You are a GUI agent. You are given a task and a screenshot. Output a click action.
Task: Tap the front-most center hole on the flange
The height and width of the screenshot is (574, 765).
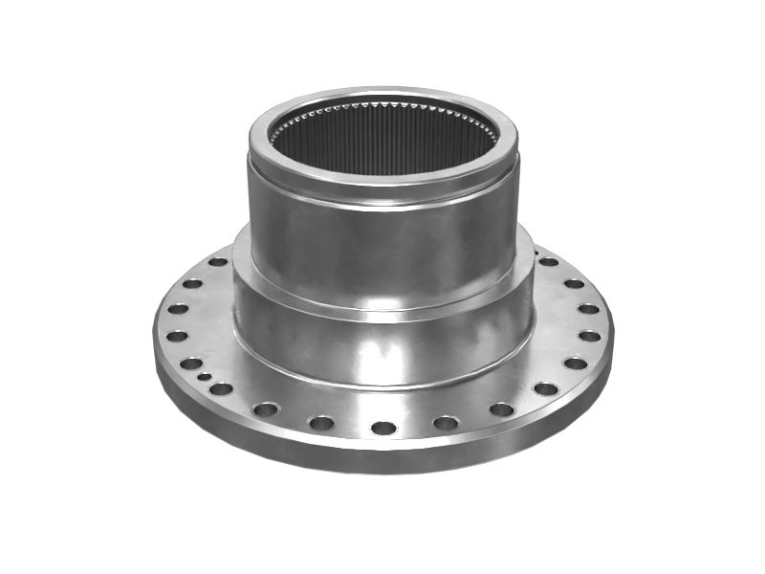tap(383, 428)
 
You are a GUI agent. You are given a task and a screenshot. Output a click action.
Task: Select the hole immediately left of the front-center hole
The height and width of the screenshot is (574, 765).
tap(321, 422)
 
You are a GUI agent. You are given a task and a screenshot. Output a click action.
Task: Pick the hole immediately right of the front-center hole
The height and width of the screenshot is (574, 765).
tap(446, 422)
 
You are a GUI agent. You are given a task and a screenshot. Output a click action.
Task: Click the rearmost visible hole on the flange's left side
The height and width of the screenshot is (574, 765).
tap(218, 261)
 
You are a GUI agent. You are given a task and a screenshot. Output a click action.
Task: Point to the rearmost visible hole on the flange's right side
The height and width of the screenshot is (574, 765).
tap(549, 261)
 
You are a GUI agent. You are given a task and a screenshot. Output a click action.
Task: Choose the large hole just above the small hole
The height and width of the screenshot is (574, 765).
tap(191, 363)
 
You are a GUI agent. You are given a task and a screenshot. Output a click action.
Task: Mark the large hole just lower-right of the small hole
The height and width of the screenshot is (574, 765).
tap(221, 388)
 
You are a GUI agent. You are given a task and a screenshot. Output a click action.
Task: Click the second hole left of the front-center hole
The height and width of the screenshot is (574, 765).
tap(265, 408)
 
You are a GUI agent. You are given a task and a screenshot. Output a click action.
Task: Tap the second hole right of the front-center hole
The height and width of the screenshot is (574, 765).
tap(501, 408)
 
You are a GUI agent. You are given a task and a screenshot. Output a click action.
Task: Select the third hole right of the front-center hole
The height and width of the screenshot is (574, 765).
tap(546, 388)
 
